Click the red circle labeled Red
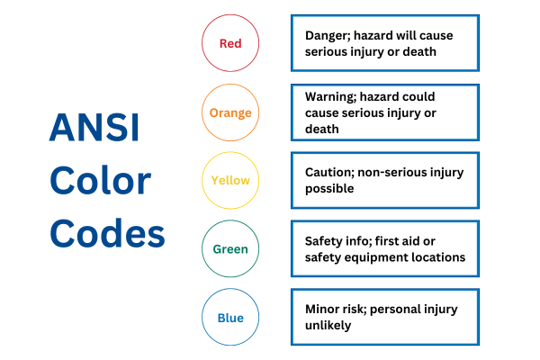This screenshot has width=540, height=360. coord(230,42)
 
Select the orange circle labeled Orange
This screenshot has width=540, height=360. coord(230,112)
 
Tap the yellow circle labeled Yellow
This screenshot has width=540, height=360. coord(230,180)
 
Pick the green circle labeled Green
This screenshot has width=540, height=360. coord(230,249)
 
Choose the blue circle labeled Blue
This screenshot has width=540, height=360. coord(230,317)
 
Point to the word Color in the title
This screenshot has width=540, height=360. coord(99,182)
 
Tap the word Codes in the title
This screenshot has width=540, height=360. coord(107,234)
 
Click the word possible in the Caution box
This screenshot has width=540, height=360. coord(329,188)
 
